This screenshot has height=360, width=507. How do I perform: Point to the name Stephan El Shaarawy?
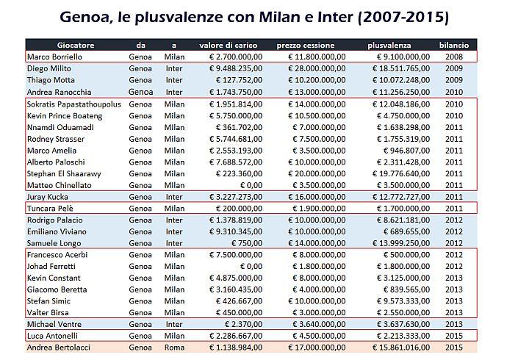pos(63,174)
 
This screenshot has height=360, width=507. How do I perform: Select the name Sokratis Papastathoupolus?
pos(73,104)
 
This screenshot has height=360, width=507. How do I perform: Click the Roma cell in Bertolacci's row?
pos(174,347)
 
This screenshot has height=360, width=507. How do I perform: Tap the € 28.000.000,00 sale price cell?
pos(316,68)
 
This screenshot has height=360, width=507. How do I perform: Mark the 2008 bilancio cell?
pos(453,57)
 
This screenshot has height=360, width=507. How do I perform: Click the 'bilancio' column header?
pos(453,46)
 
